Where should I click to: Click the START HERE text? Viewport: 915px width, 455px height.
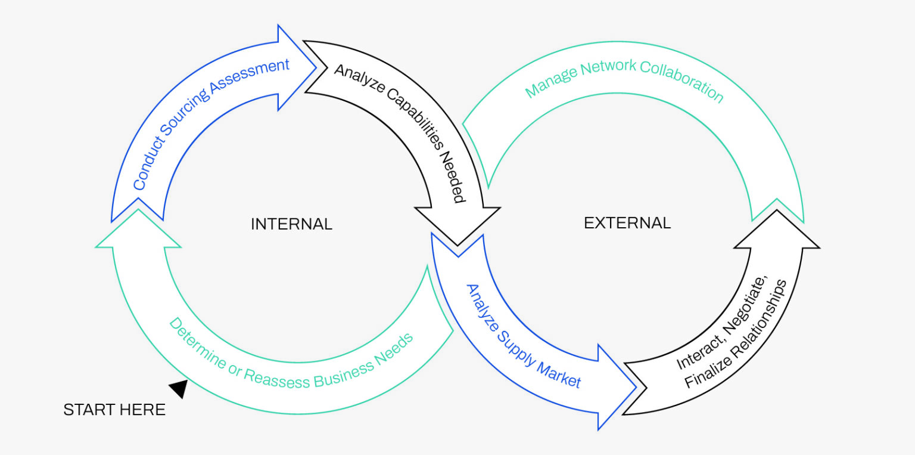[114, 410]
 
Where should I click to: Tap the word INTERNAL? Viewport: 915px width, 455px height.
[291, 224]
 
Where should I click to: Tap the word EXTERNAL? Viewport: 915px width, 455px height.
[627, 223]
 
